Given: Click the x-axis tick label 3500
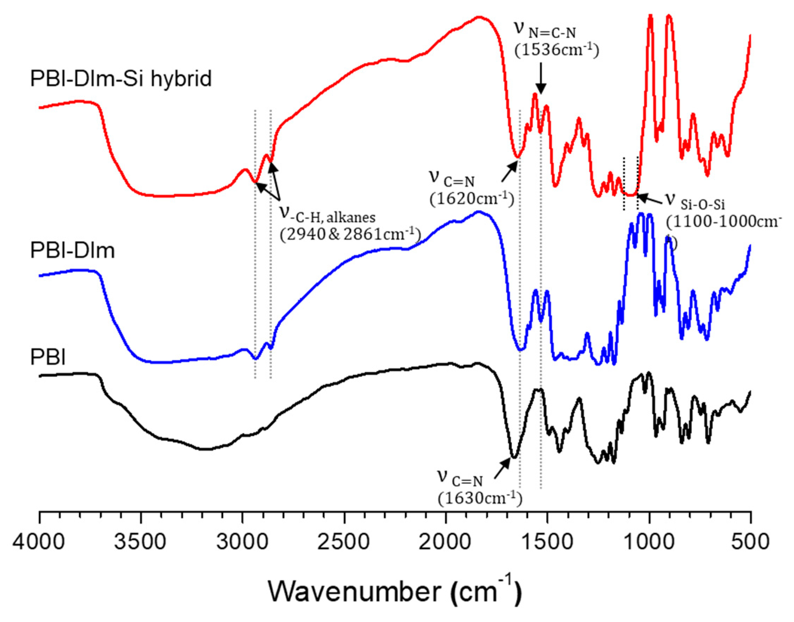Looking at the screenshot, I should pos(140,542).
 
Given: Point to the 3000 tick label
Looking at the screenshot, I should pos(242,542).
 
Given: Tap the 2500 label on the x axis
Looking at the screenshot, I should pos(344,542).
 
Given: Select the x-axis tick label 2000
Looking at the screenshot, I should pos(445,542).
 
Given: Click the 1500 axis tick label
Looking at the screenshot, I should pos(546,542).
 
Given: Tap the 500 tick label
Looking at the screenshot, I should pos(749,542).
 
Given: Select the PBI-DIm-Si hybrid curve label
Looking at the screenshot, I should pos(121,79).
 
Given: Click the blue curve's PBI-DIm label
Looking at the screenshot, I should pos(72,251).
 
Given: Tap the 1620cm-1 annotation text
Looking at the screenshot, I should pos(471,199).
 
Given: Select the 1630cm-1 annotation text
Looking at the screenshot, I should pos(480,498).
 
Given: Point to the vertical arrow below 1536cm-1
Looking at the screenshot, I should pos(541,78).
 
